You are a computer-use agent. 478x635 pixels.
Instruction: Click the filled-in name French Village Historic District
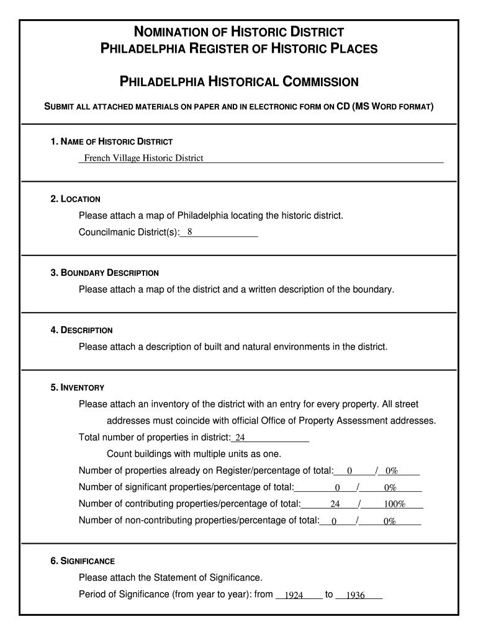(143, 158)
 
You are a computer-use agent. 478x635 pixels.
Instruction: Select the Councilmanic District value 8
(189, 232)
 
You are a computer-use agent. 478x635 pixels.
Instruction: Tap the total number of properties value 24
(240, 438)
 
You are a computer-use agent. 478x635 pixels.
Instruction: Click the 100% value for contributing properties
(394, 504)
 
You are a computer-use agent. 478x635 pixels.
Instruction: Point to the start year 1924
(293, 595)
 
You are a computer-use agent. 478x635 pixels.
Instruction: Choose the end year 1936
(355, 595)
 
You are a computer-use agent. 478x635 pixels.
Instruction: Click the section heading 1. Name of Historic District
(112, 142)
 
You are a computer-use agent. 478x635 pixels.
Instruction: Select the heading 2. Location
(76, 199)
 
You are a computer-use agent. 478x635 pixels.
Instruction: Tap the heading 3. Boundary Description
(105, 273)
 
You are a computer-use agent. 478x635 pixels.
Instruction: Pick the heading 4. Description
(82, 331)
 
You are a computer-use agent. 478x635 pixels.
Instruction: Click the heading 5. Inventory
(78, 388)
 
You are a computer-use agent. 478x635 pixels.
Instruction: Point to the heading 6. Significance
(83, 561)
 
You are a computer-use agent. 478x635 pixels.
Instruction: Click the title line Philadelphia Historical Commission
(239, 82)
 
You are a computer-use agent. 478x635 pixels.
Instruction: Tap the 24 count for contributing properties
(335, 504)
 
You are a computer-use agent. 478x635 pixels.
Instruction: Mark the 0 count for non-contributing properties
(334, 522)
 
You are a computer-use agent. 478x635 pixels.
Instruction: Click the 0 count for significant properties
(337, 488)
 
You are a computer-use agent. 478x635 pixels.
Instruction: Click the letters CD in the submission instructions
(342, 107)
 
